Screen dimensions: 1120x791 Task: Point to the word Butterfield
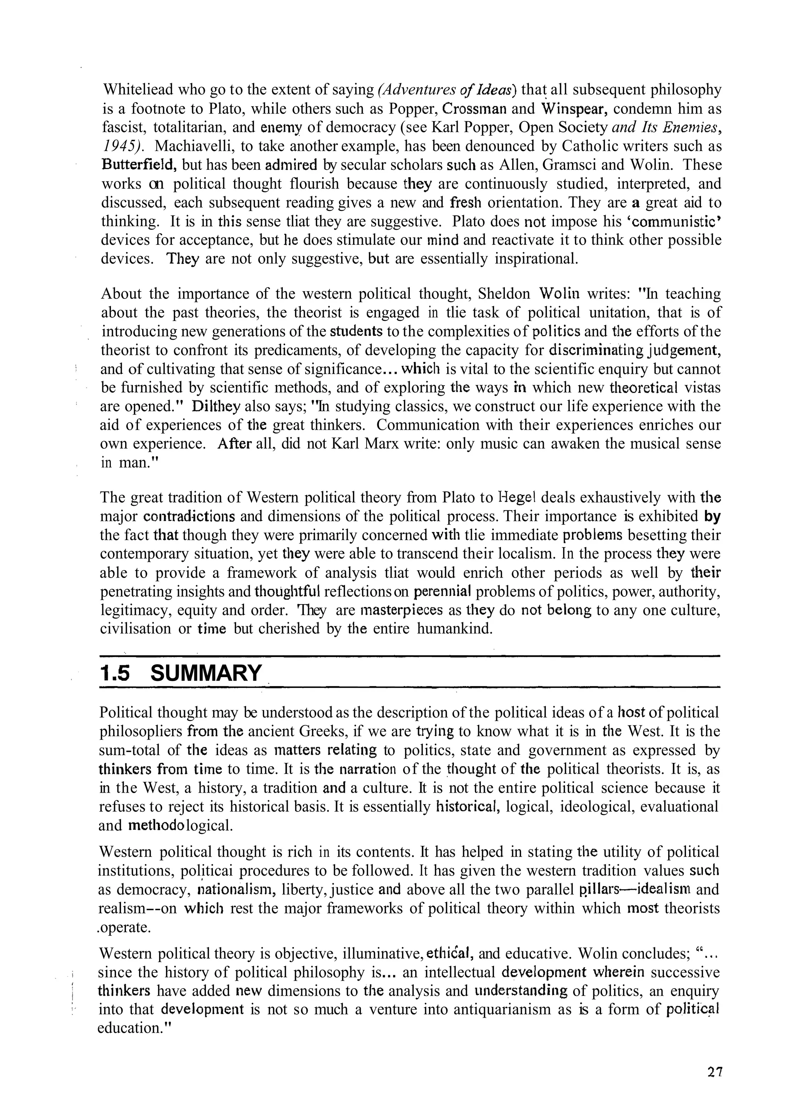(139, 164)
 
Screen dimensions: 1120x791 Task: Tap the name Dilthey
(214, 406)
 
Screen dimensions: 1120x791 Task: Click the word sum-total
(129, 750)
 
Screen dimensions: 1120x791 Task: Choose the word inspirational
(536, 259)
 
